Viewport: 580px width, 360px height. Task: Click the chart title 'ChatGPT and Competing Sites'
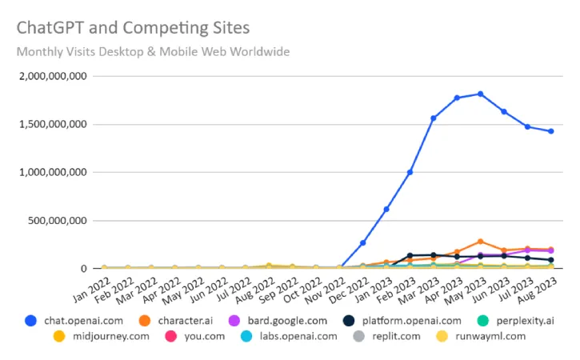pos(133,28)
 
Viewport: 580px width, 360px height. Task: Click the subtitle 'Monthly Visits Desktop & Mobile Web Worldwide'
pos(154,52)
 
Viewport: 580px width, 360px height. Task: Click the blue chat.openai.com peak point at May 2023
pos(480,94)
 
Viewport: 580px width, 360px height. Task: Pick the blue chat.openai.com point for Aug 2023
pos(550,131)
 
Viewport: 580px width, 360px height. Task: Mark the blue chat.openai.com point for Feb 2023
pos(410,172)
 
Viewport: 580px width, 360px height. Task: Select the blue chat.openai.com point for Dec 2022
pos(362,242)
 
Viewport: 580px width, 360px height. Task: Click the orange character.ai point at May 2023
pos(480,241)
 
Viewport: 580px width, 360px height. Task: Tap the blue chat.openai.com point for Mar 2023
pos(433,118)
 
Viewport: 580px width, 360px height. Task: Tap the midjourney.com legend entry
pos(108,336)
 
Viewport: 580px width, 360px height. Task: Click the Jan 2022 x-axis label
pos(89,286)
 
